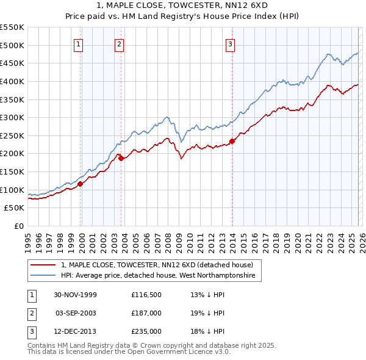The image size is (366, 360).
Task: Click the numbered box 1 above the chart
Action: pos(80,44)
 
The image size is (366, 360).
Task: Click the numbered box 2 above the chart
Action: pos(120,44)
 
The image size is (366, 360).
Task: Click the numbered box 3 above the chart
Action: pos(231,44)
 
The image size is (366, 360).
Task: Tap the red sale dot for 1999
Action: pos(80,183)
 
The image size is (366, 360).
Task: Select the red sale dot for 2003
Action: pos(121,158)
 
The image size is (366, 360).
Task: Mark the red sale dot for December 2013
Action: pos(232,141)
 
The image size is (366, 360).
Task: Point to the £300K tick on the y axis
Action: pos(13,117)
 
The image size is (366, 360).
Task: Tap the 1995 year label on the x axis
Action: pos(27,238)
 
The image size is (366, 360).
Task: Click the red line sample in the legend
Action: pos(43,265)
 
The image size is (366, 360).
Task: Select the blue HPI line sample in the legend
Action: pos(43,276)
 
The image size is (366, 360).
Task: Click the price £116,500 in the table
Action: pos(145,294)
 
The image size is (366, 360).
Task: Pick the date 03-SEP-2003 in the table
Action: pos(76,312)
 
